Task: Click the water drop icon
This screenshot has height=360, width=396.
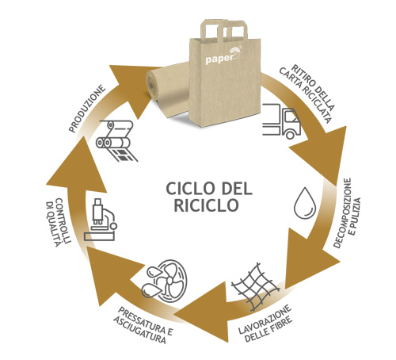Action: point(305,203)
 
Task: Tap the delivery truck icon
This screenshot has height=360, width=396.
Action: point(282,121)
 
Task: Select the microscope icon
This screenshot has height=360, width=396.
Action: point(101,220)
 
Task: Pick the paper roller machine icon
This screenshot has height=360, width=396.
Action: point(116,140)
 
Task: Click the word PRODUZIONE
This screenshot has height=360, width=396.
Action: point(87,108)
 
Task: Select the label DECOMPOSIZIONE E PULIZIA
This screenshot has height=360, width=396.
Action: point(347,213)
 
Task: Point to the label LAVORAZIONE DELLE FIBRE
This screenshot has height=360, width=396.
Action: point(265,324)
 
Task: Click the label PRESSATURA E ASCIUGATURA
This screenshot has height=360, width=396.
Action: point(143,325)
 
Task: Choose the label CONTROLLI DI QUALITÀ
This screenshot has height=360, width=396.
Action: point(58,222)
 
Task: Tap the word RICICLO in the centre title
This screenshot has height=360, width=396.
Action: point(206,205)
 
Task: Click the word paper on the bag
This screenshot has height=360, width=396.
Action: point(219,59)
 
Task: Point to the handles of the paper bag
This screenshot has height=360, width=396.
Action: point(224,29)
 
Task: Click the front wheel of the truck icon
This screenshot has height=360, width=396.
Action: point(290,135)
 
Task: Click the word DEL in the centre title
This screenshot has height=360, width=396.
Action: point(236,189)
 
